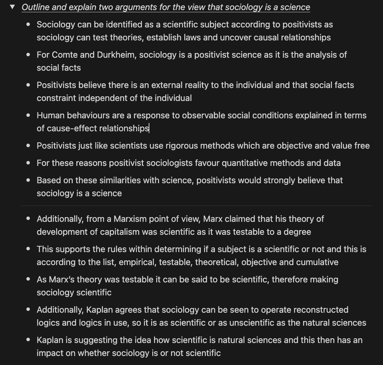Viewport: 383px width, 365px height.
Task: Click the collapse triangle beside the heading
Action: click(x=13, y=7)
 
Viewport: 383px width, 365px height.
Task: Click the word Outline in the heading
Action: click(x=34, y=7)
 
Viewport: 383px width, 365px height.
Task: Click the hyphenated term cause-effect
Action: click(x=67, y=128)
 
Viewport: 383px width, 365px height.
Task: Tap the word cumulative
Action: click(x=319, y=262)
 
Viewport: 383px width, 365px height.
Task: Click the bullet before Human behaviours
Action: click(x=28, y=115)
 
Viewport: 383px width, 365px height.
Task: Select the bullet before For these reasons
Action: click(x=28, y=163)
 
